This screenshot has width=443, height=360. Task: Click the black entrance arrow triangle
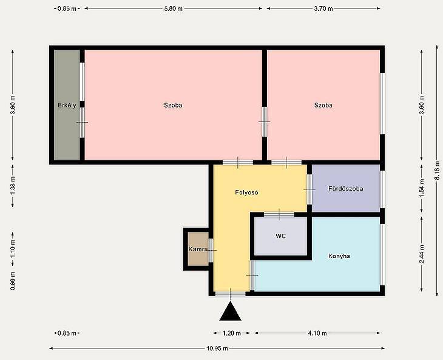coord(230,311)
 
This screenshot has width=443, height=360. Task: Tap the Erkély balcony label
coord(67,105)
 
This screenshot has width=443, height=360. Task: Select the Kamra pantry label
coord(198,250)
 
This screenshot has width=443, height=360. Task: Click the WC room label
coord(280,236)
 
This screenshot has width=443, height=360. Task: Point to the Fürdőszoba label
coord(345,188)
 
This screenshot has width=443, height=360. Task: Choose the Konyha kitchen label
coord(339,256)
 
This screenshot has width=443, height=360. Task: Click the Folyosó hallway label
coord(246,192)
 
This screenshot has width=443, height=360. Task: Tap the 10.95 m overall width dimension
coord(217,348)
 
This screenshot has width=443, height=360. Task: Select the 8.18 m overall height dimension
coord(438,170)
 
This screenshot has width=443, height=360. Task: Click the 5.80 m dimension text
coord(173,8)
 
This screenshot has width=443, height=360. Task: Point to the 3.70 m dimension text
coord(323,8)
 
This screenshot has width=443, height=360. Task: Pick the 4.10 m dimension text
coord(317,333)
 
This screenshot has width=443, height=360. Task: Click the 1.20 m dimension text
coord(232,333)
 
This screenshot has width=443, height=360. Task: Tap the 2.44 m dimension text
coord(422,254)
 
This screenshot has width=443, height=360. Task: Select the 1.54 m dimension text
coord(422,188)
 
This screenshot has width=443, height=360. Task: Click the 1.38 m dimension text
coord(13,185)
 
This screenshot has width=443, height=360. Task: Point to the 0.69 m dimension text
coord(13,280)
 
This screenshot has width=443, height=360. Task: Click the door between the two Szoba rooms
coord(265,122)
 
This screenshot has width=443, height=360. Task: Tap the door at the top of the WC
coord(279,214)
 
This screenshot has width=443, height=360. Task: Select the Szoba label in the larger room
coord(173,105)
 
